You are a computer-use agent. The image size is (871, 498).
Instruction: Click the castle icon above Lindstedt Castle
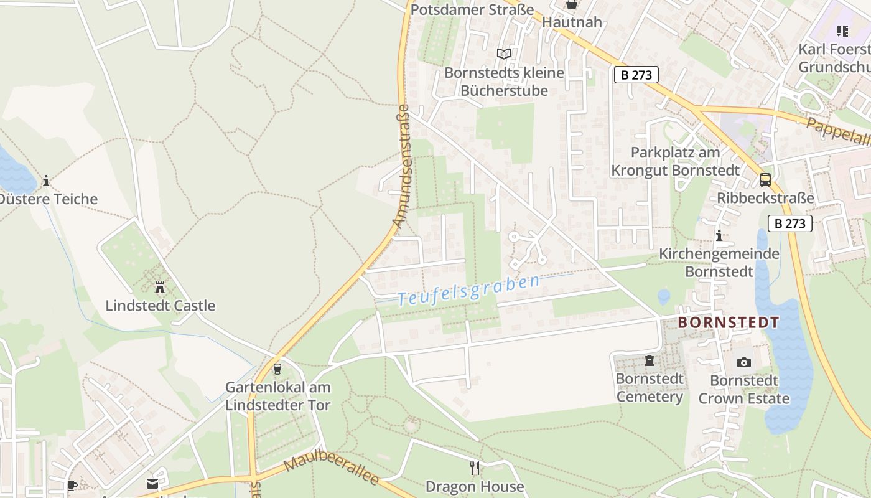click(160, 288)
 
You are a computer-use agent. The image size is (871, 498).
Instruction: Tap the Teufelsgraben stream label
click(469, 291)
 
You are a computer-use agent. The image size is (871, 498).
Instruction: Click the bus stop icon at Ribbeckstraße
click(765, 180)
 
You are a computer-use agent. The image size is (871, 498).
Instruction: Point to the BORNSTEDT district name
click(728, 322)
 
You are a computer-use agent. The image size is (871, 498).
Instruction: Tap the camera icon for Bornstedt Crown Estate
click(743, 362)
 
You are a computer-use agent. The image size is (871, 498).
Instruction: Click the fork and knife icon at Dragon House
click(475, 467)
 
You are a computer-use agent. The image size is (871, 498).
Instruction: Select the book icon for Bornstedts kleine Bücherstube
click(504, 54)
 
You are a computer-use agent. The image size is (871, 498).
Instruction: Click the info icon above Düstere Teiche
click(45, 181)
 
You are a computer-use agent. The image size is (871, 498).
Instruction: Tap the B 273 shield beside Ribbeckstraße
click(789, 223)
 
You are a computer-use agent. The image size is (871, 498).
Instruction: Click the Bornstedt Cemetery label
click(650, 388)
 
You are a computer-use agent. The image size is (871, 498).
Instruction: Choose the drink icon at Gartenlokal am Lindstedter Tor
click(277, 369)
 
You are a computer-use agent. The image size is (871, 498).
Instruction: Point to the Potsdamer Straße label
click(472, 10)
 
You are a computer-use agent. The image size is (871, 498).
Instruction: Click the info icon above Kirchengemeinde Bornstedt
click(719, 236)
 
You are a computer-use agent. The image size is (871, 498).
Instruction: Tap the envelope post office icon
click(152, 484)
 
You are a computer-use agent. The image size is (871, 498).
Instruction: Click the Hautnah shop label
click(572, 22)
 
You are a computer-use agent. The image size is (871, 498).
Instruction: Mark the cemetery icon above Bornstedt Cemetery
click(650, 360)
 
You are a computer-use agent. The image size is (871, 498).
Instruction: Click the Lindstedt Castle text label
click(160, 306)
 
